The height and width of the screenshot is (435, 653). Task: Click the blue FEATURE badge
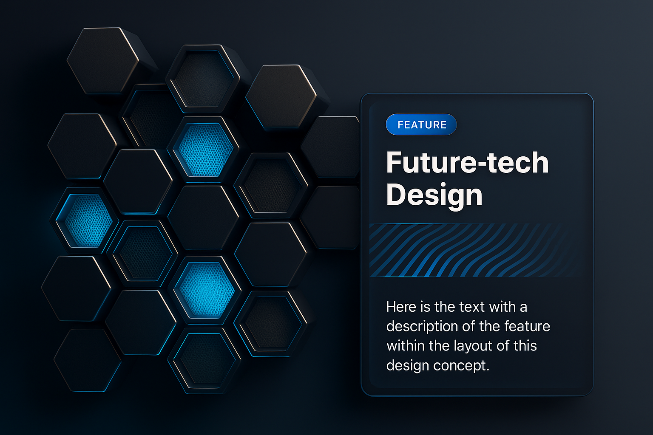click(x=421, y=125)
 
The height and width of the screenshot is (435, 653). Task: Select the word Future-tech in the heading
click(x=468, y=163)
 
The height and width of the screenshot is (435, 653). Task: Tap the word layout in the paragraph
click(x=473, y=346)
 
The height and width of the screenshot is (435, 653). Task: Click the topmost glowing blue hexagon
click(x=205, y=150)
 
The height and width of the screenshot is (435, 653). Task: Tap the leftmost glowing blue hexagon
click(x=88, y=220)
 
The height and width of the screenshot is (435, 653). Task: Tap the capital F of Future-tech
click(x=395, y=163)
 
